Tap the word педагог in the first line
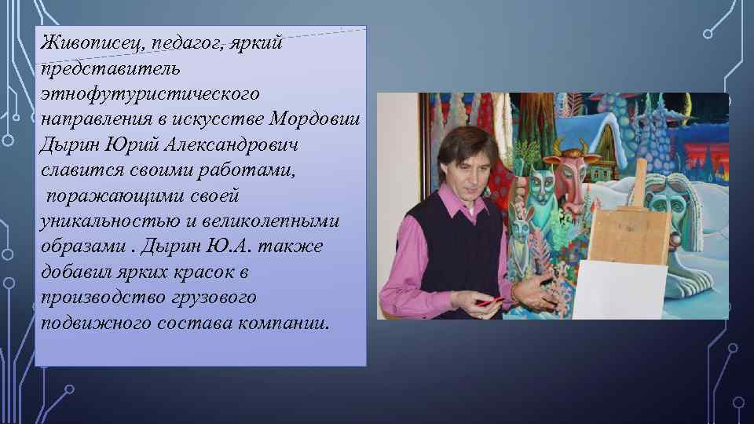tap(185, 42)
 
